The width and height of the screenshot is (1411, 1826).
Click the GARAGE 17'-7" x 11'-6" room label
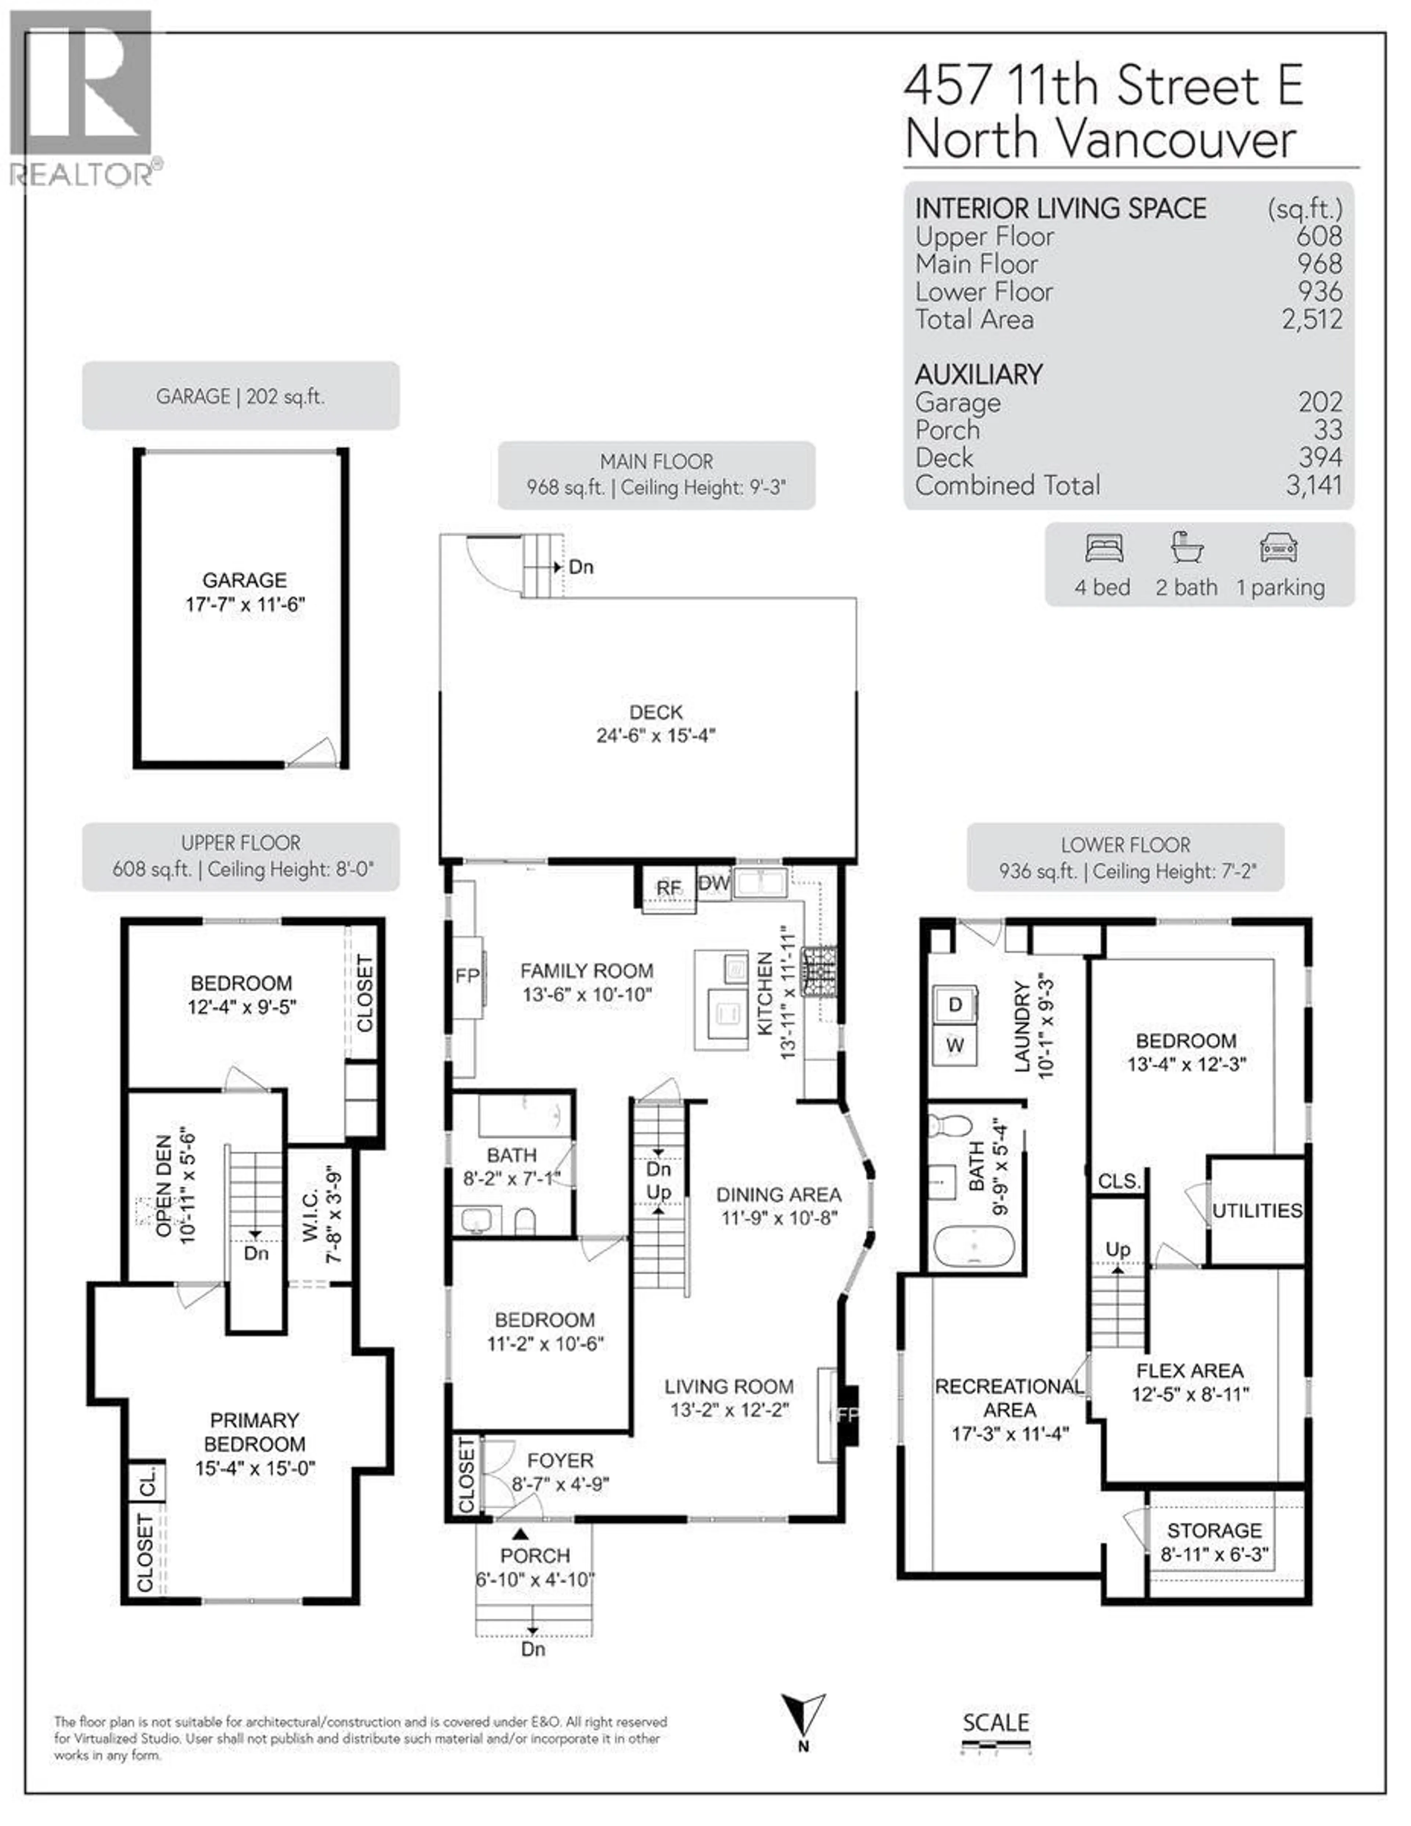pos(244,592)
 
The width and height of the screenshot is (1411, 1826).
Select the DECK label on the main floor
pos(656,712)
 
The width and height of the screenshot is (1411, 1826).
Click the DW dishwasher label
pos(714,883)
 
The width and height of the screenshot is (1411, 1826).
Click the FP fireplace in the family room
pos(467,976)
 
